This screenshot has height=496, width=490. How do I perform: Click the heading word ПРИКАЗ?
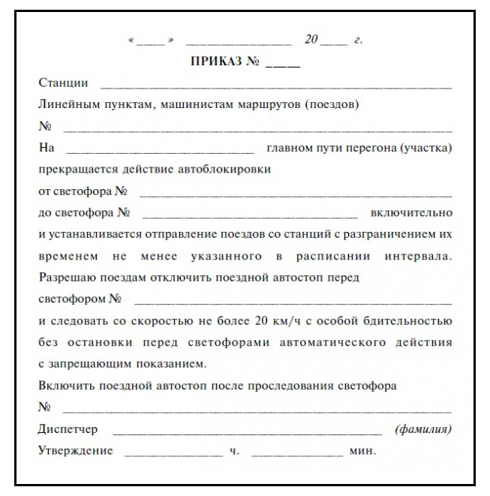click(x=218, y=62)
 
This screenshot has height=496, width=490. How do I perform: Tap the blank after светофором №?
click(x=293, y=302)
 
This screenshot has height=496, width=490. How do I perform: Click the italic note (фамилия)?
click(x=423, y=430)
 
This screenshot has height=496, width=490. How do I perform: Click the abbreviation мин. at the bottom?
click(x=363, y=452)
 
